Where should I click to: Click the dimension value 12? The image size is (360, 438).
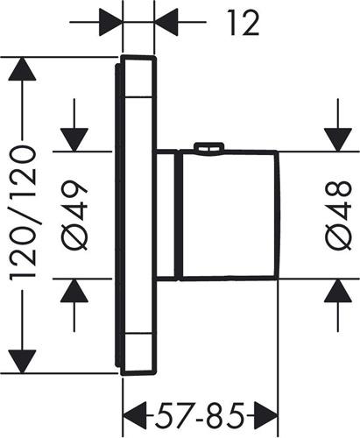244,23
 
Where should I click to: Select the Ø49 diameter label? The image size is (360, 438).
74,215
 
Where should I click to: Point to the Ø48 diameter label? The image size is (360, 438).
338,215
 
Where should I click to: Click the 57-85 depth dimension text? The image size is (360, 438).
200,415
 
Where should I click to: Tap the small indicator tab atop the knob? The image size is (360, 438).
209,146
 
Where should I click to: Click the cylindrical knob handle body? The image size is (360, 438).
229,215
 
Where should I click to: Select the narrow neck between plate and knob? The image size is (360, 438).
166,215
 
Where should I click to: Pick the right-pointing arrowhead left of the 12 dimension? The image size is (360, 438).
110,22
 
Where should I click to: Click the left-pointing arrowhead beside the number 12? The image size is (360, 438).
166,22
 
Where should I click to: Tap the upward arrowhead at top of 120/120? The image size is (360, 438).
22,69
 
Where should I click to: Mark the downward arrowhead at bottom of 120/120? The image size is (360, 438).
22,362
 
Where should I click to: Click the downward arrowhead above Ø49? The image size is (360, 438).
74,140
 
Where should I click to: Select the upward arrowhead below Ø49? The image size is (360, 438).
74,291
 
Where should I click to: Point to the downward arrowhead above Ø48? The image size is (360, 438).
338,140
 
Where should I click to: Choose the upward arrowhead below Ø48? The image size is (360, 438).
338,291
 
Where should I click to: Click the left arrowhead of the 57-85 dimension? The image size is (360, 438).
135,415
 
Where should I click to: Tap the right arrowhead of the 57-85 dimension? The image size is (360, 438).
265,415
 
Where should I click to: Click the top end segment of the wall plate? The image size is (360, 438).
138,76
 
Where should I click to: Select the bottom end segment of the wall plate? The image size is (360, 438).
138,354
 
